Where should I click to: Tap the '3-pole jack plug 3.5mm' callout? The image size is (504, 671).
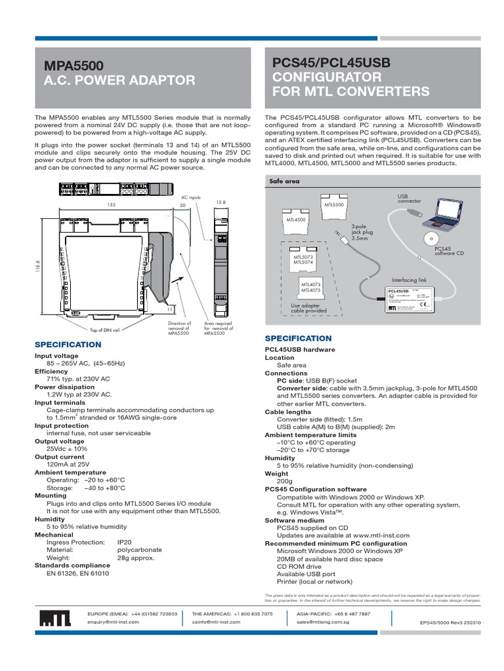(361, 230)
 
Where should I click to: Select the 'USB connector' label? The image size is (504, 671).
(408, 199)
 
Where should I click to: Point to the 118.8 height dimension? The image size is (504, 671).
(39, 269)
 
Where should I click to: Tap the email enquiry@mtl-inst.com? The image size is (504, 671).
(114, 622)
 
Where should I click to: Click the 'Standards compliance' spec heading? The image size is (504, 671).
(72, 565)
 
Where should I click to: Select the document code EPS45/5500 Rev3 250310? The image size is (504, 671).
(450, 624)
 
